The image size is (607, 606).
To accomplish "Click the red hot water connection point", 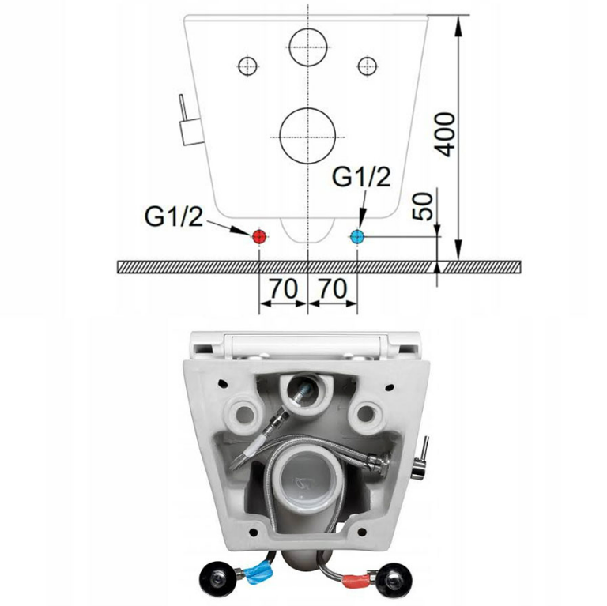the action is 258,236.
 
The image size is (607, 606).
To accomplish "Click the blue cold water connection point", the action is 357,236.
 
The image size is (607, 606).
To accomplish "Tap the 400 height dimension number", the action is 447,134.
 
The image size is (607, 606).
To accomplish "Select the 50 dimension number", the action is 424,206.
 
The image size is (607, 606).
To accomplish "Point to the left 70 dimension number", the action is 284,288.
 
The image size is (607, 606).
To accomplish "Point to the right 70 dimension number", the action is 333,288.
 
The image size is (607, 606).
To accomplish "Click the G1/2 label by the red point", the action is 173,216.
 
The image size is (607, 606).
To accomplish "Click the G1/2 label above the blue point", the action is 361,177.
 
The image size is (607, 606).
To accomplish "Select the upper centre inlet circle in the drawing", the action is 308,47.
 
